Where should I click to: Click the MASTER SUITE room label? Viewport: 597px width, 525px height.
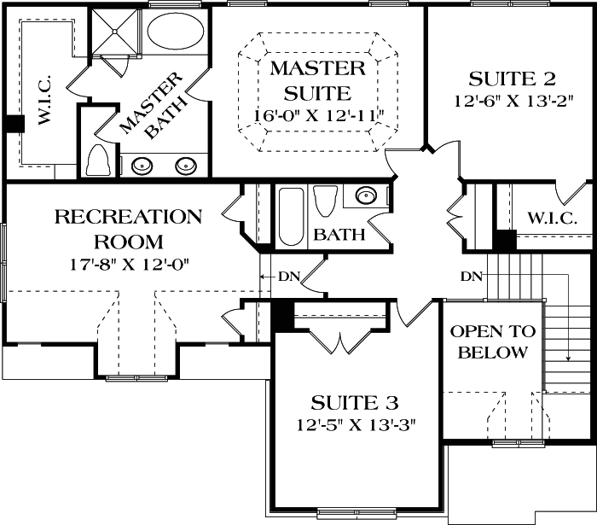[317, 79]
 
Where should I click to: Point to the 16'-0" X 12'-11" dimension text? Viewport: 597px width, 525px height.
[317, 114]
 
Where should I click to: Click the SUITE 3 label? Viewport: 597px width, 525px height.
[355, 402]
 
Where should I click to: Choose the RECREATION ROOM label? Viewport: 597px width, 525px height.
[128, 229]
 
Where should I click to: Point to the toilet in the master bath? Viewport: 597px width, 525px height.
[100, 160]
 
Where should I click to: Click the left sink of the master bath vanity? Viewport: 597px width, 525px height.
[139, 166]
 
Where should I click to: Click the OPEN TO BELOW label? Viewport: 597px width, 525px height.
[492, 341]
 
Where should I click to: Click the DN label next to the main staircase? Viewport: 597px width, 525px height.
[471, 277]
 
